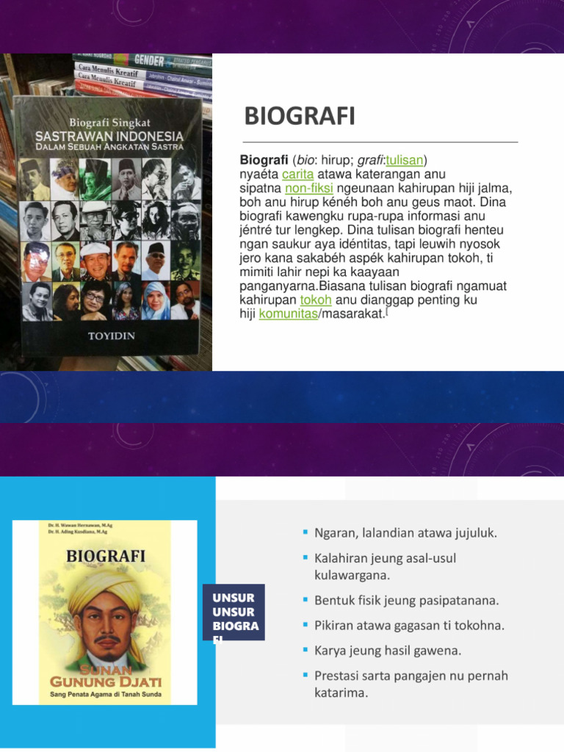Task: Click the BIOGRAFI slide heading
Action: click(x=300, y=116)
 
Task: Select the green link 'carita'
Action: click(x=297, y=174)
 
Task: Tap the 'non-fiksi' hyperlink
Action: click(x=304, y=188)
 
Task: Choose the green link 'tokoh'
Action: click(x=317, y=300)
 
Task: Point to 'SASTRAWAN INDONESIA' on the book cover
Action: click(x=111, y=137)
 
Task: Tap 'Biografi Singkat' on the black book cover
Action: click(x=110, y=123)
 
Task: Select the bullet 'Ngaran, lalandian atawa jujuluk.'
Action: click(x=405, y=533)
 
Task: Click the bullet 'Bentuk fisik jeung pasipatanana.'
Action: click(x=406, y=600)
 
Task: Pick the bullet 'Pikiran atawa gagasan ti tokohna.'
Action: click(x=409, y=626)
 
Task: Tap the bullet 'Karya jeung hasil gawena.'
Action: click(x=388, y=651)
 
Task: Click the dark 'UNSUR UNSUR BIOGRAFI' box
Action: click(x=234, y=612)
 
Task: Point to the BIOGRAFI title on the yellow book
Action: click(x=105, y=556)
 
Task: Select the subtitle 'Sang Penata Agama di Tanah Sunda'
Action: click(x=105, y=693)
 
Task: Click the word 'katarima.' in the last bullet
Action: click(x=340, y=693)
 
